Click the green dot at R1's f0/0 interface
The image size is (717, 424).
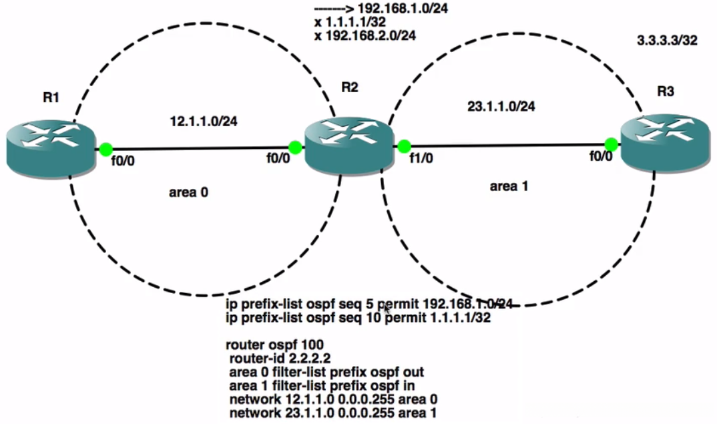pyautogui.click(x=106, y=149)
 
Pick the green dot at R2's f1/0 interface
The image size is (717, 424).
pyautogui.click(x=403, y=146)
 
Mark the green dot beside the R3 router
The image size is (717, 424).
pyautogui.click(x=610, y=144)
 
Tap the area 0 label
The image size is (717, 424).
pyautogui.click(x=190, y=192)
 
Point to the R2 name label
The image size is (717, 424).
pyautogui.click(x=350, y=87)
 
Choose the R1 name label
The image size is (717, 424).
pyautogui.click(x=51, y=97)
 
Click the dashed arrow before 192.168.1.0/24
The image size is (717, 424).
pyautogui.click(x=334, y=9)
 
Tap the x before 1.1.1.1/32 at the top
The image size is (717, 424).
pyautogui.click(x=317, y=22)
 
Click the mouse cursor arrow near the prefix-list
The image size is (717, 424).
pyautogui.click(x=387, y=309)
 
